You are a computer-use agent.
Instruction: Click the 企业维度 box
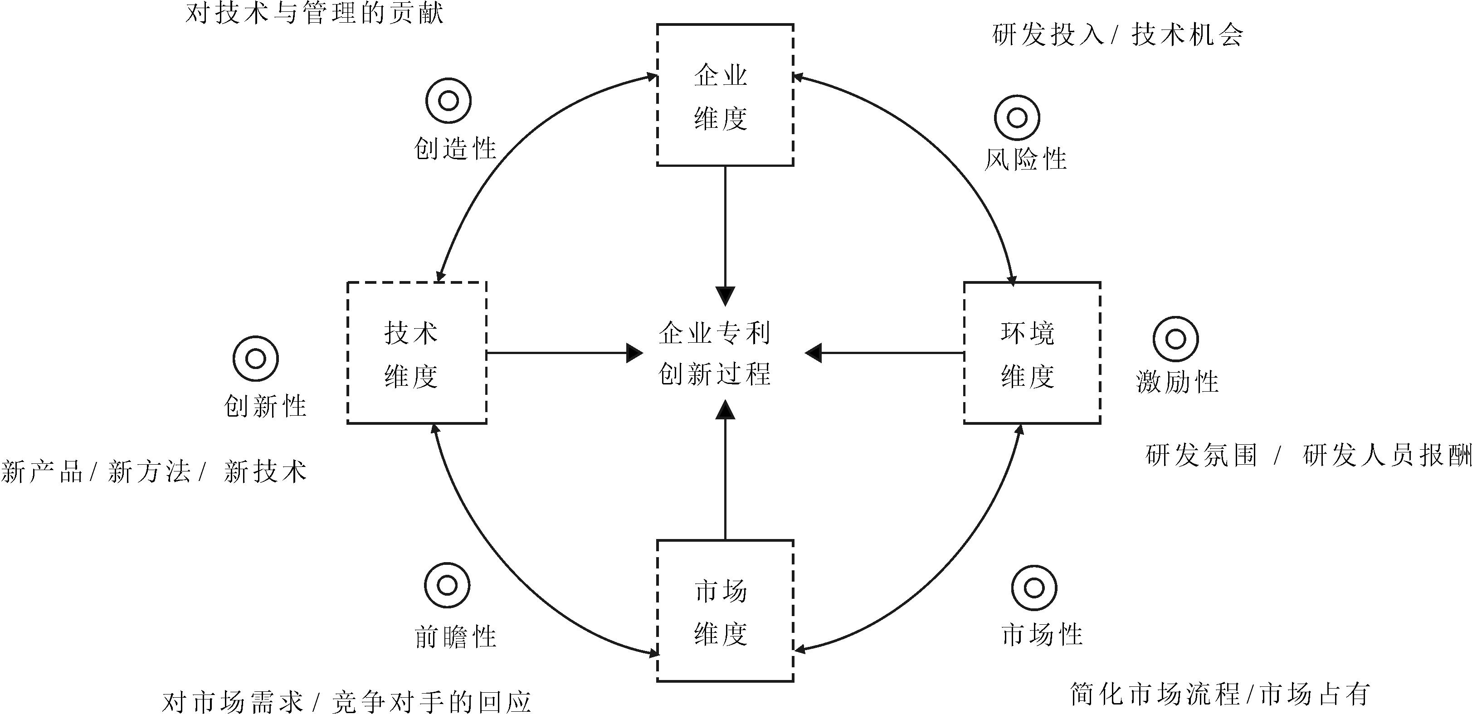[725, 95]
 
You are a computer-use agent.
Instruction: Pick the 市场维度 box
[725, 611]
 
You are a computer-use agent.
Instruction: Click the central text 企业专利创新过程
[715, 353]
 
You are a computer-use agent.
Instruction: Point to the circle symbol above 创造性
[448, 101]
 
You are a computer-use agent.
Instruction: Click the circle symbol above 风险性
[1017, 118]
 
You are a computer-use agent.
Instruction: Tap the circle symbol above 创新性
[255, 359]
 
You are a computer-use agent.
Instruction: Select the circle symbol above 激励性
[1175, 339]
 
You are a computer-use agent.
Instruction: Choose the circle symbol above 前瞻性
[447, 586]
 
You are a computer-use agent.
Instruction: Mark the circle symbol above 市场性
[1034, 588]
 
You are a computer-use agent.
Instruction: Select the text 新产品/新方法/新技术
[153, 472]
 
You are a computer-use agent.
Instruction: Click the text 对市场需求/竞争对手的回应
[346, 701]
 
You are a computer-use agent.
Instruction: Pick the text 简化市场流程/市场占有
[1219, 694]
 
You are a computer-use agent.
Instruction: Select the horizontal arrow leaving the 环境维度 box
[886, 353]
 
